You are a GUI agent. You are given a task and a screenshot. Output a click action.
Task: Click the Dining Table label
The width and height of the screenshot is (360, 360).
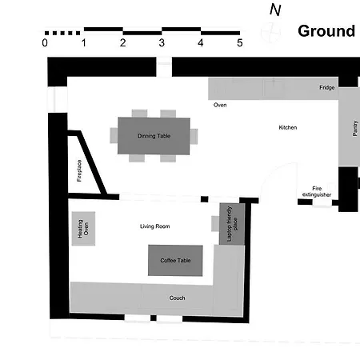[154, 136]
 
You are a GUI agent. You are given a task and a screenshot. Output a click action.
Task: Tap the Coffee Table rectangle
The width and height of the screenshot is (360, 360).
[175, 260]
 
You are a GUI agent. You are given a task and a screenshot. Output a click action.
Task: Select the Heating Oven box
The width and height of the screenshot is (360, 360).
[83, 229]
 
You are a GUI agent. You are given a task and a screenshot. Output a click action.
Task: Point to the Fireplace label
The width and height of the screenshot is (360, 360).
[79, 170]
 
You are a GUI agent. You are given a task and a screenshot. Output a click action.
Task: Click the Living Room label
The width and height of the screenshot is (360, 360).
[155, 226]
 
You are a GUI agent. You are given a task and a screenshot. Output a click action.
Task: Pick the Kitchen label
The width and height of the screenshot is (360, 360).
[288, 127]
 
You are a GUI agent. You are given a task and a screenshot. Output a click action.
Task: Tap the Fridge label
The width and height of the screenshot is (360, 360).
[327, 87]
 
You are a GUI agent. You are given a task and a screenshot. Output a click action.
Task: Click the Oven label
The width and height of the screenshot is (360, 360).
[220, 105]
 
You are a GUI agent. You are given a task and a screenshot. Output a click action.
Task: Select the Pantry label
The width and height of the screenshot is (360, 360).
[354, 128]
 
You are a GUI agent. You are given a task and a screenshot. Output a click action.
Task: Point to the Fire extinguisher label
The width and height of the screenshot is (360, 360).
[317, 191]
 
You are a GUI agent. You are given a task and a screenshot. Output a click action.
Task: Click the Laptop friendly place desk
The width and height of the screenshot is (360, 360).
[232, 224]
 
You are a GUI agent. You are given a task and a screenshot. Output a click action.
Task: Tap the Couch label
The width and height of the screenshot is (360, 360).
[177, 298]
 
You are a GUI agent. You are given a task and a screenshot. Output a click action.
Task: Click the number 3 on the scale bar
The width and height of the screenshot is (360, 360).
[162, 43]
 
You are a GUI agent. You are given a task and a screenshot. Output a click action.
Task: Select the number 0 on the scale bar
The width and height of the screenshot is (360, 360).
[45, 43]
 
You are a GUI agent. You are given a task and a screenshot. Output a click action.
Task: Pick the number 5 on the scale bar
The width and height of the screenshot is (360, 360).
[240, 43]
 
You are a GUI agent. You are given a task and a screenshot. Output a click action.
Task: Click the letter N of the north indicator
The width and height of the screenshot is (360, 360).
[275, 10]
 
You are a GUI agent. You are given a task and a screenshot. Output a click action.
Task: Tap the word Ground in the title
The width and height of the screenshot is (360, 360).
[326, 31]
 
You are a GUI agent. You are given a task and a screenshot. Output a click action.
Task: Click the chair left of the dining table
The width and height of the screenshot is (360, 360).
[114, 135]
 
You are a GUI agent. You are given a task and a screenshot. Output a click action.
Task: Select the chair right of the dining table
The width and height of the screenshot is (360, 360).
[194, 136]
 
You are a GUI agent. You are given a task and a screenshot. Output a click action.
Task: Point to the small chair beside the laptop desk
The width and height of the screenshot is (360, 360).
[215, 224]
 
